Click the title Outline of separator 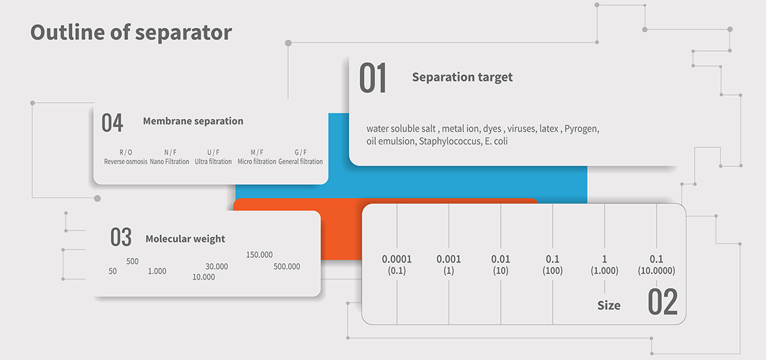point(131,33)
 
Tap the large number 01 point(373,78)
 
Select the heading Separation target point(462,77)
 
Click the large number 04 point(112,123)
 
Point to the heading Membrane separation point(193,121)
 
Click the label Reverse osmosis point(126,161)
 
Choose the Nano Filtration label point(170,161)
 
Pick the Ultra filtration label point(213,161)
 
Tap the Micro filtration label point(257,161)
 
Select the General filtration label point(301,161)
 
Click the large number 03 point(120,238)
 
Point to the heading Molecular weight point(185,239)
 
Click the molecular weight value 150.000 point(259,255)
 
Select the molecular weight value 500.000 point(287,266)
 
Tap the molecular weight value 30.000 point(217,266)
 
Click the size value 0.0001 point(397,259)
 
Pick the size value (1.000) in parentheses point(605,271)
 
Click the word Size point(609,306)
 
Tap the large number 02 point(663,302)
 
